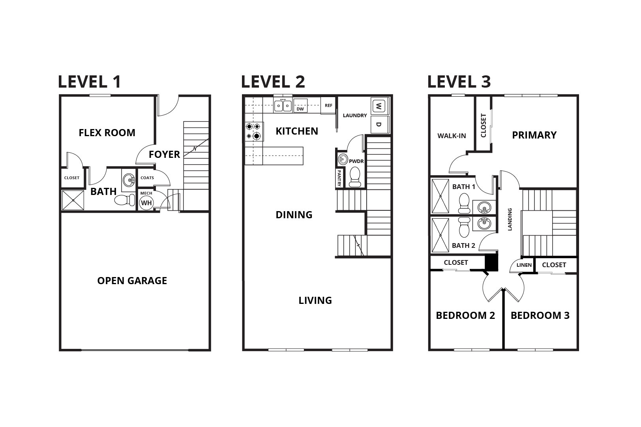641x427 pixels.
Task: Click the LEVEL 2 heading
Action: click(x=273, y=82)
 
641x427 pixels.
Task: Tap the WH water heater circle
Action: click(x=146, y=203)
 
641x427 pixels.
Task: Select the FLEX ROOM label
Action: click(x=107, y=133)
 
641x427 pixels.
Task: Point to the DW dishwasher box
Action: click(x=300, y=105)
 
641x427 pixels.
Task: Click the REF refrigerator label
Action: click(x=328, y=105)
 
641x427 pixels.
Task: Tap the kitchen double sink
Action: click(x=283, y=106)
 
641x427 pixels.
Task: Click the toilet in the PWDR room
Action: click(x=355, y=176)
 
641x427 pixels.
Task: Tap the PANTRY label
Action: click(x=339, y=178)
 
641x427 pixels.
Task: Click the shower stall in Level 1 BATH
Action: click(x=73, y=200)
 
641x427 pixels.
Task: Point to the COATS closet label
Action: click(x=147, y=178)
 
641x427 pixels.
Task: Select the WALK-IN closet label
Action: click(x=452, y=136)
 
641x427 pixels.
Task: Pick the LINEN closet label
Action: click(x=524, y=265)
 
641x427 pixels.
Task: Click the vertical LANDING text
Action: click(x=510, y=219)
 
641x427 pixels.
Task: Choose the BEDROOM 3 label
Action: click(x=540, y=315)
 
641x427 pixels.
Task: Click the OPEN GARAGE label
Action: click(x=132, y=281)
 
